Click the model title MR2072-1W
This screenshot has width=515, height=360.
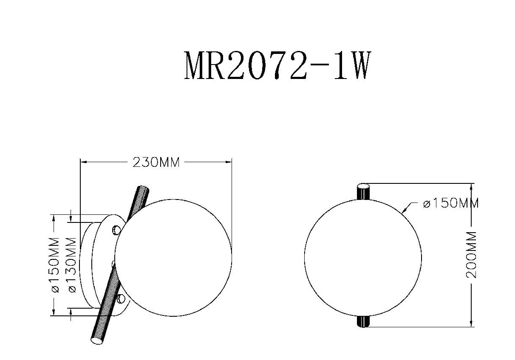tap(277, 66)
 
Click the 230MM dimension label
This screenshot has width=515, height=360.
tap(156, 163)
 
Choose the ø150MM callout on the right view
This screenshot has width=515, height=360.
tap(451, 203)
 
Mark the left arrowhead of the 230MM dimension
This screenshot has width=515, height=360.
tap(83, 162)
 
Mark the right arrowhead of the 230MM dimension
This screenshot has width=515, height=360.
tap(229, 162)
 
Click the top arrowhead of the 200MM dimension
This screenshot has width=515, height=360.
tap(471, 187)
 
